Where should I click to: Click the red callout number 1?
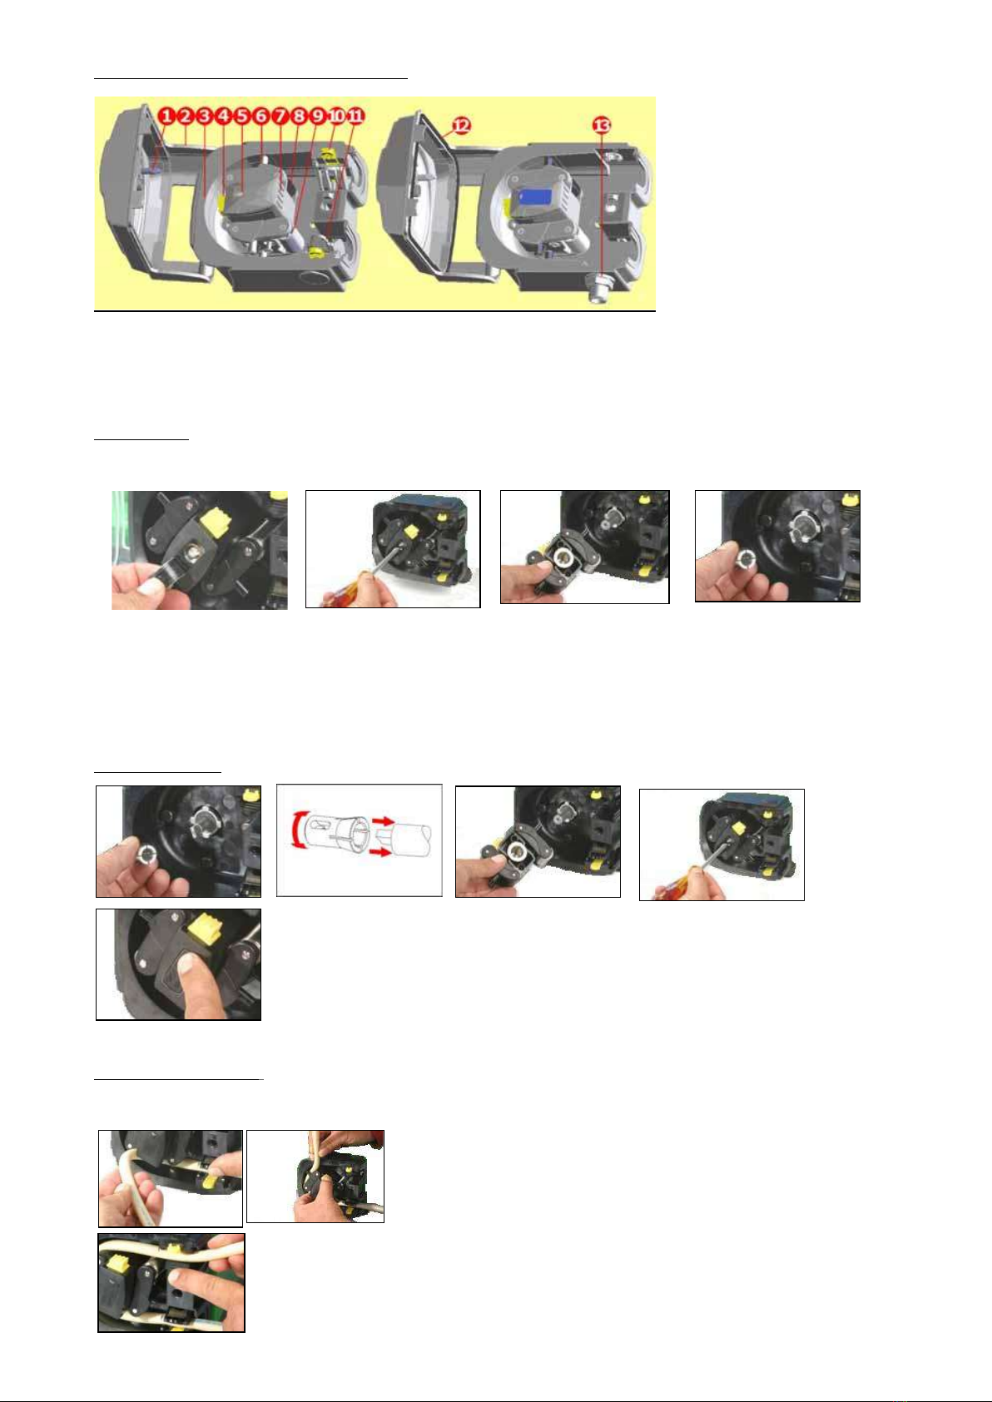166,116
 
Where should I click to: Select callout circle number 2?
186,116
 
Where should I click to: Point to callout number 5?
242,116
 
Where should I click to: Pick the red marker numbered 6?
261,116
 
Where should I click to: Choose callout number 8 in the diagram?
299,116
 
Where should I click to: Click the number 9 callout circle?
318,116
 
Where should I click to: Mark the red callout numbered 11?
355,116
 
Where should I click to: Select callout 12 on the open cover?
461,126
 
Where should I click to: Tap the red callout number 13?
602,126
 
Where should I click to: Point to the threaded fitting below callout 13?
600,290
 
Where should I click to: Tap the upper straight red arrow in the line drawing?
383,821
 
